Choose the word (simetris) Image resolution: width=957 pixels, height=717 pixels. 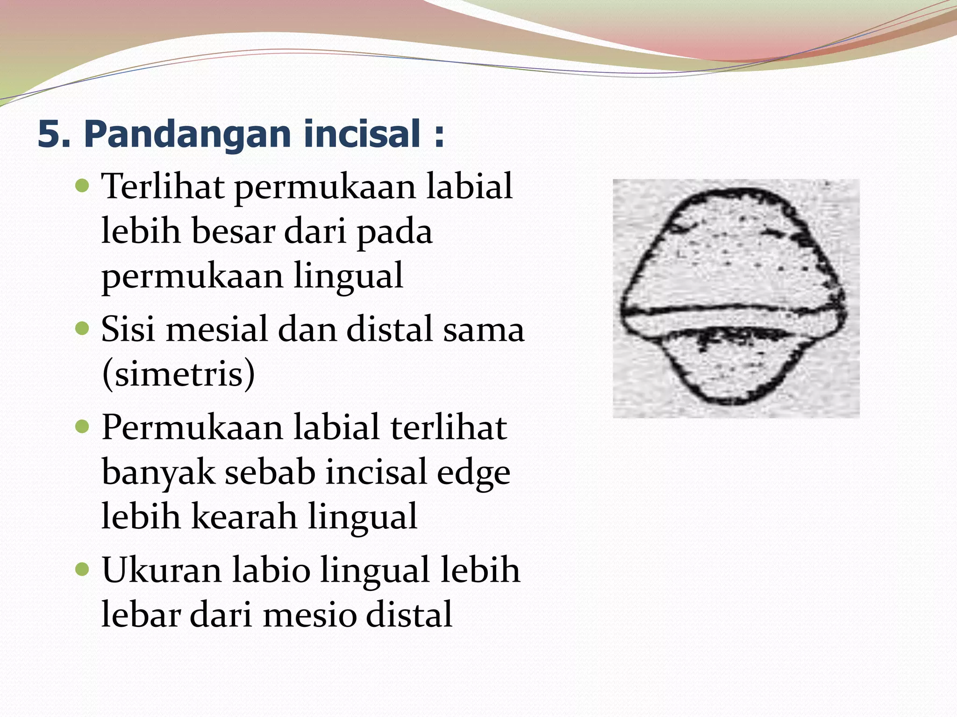(179, 373)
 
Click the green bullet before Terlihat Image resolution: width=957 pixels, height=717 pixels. (82, 187)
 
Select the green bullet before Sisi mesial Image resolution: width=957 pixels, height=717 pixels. (82, 329)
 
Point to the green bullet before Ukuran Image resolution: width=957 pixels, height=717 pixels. (82, 570)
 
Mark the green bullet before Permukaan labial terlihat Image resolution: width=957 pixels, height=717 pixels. (82, 427)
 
